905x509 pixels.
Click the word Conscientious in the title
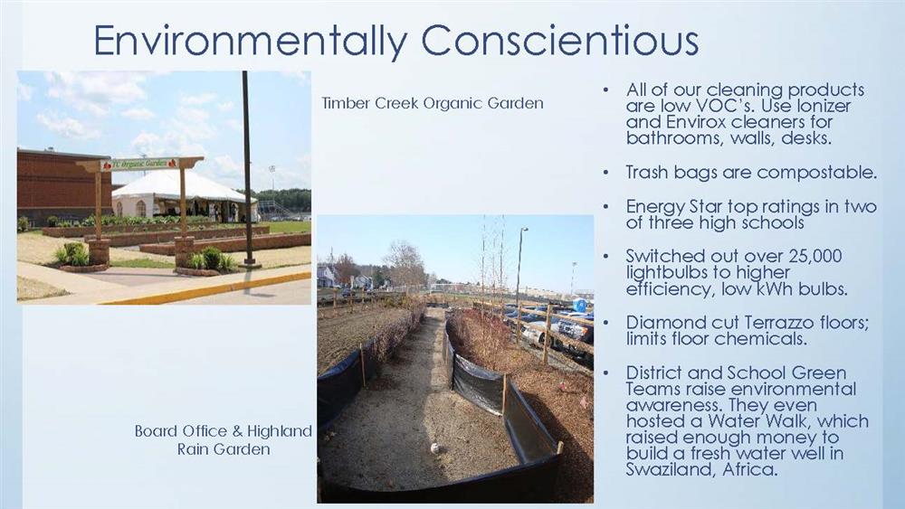[x=559, y=41]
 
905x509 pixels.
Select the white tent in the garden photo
[x=184, y=196]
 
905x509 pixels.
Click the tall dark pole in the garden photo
[x=247, y=168]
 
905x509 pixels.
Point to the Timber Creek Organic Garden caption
[x=433, y=104]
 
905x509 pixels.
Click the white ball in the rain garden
[x=435, y=448]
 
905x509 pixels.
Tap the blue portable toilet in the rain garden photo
[x=580, y=305]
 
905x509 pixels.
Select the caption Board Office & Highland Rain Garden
[x=224, y=439]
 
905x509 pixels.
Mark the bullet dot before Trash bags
[x=605, y=173]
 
